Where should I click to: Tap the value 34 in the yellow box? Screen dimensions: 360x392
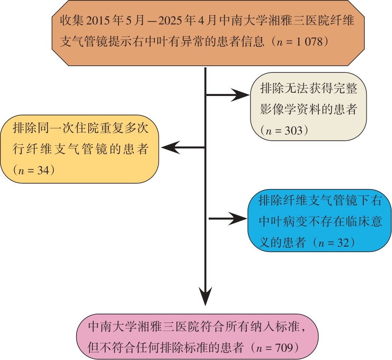pos(42,170)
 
